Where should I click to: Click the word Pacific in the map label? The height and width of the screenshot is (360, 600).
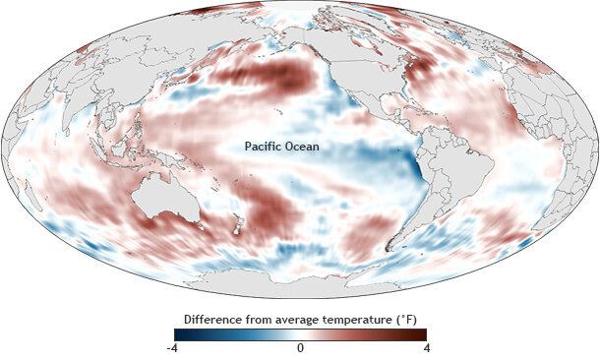coord(264,148)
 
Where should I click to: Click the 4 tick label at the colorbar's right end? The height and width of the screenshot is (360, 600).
coord(424,348)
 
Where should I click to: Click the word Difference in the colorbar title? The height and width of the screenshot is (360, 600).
coord(215,319)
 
